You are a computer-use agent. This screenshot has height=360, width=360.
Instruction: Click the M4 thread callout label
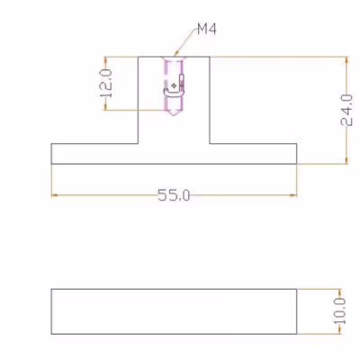point(207,30)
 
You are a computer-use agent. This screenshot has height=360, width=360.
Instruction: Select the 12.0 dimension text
point(106,84)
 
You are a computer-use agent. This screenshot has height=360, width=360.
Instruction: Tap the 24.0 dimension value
point(346,110)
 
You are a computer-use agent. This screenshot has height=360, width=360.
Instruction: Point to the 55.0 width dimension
point(174,195)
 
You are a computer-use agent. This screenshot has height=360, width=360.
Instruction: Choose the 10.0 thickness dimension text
point(340,311)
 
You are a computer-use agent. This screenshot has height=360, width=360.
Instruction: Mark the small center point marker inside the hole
point(174,85)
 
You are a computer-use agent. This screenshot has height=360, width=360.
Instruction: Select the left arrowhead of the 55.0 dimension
point(54,195)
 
